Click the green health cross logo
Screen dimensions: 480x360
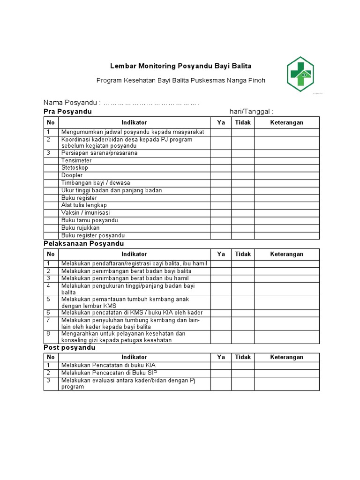[x=300, y=74]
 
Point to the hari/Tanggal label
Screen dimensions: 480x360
[x=251, y=112]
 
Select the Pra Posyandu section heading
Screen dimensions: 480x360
[x=67, y=112]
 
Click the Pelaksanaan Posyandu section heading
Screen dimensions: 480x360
[x=84, y=244]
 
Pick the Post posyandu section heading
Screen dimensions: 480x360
[x=69, y=348]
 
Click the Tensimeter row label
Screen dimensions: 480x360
[x=76, y=160]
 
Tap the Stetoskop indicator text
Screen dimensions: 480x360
[x=75, y=168]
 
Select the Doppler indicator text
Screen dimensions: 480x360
[x=72, y=175]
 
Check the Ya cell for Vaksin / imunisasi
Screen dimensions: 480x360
[x=221, y=213]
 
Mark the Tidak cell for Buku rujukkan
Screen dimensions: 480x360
[x=243, y=228]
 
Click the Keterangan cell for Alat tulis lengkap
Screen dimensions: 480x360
[x=286, y=205]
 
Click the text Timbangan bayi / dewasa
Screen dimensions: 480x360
[x=96, y=183]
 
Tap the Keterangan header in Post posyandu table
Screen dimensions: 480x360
[x=286, y=357]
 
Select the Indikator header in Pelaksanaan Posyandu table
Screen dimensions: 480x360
[x=134, y=254]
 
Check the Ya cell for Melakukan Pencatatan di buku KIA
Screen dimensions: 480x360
[x=221, y=366]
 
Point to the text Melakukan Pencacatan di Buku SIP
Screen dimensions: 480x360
[x=109, y=373]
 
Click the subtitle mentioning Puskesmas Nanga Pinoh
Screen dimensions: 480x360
[x=180, y=81]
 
